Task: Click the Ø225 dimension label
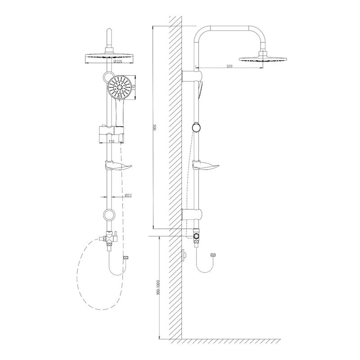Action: point(118,61)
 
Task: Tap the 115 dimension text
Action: point(135,88)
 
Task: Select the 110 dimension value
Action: point(111,141)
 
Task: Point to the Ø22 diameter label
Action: point(128,195)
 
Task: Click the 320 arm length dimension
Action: point(229,66)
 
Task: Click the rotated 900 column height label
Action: point(155,127)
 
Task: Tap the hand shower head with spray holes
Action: point(119,88)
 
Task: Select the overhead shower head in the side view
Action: point(263,58)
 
